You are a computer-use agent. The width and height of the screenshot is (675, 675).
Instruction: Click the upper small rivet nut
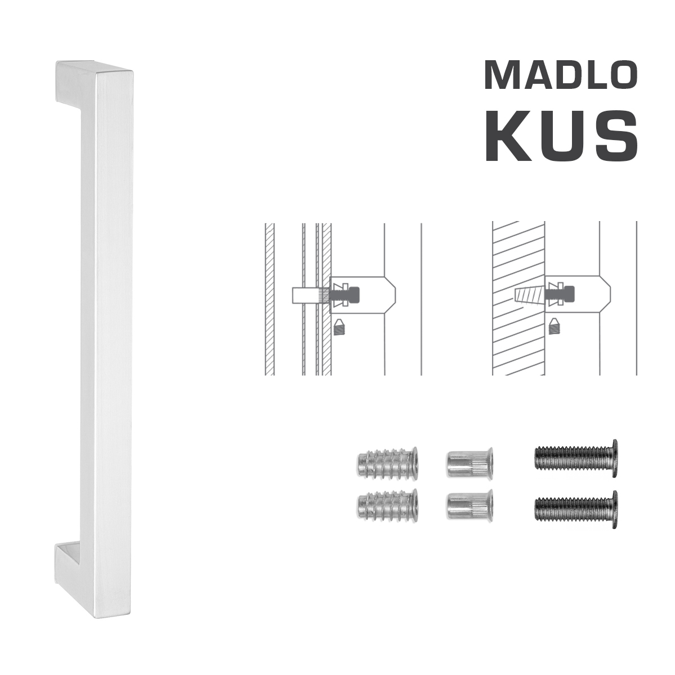click(x=469, y=462)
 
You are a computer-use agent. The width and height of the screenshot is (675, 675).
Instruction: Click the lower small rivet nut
click(x=469, y=504)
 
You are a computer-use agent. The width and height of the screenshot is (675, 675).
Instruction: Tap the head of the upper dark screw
click(x=614, y=458)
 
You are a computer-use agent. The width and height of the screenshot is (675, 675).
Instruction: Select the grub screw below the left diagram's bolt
click(x=338, y=327)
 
